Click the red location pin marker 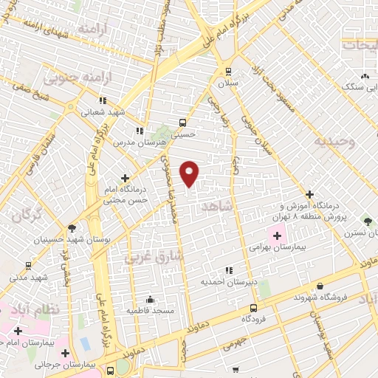[x=190, y=173]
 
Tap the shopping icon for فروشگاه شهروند [x=320, y=286]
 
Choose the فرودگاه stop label [x=254, y=319]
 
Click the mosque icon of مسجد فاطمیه [x=150, y=300]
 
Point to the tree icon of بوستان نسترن [x=368, y=221]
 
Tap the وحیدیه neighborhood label [x=333, y=140]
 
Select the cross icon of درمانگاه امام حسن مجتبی [x=125, y=178]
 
